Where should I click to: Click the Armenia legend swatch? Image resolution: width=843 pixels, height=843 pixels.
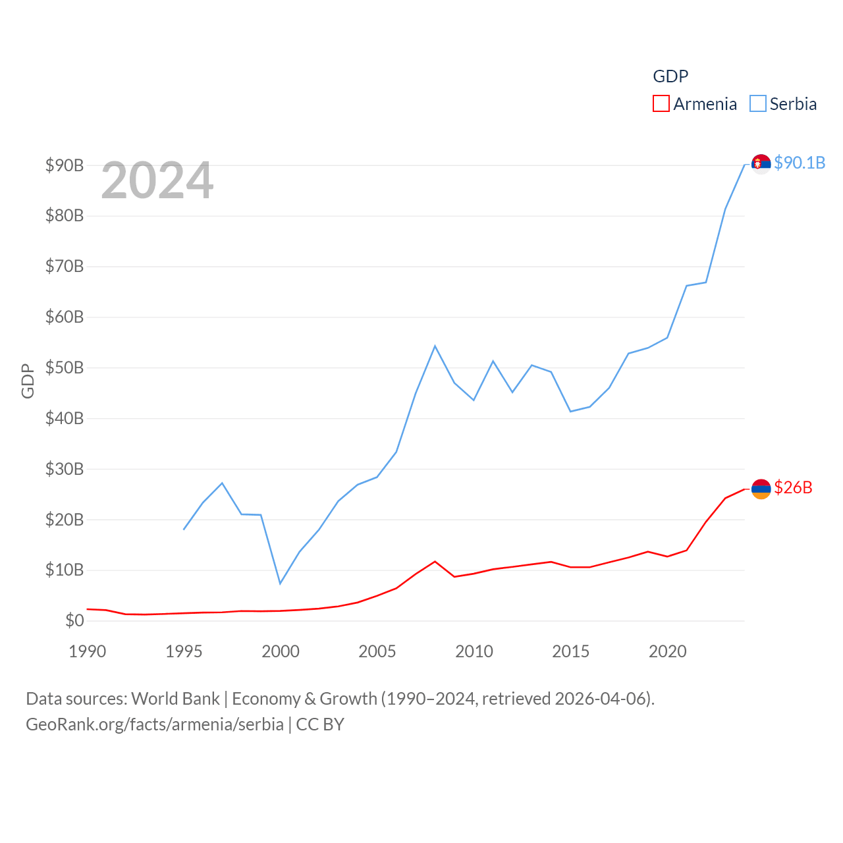tap(661, 104)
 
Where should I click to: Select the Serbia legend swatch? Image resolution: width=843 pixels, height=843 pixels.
tap(758, 104)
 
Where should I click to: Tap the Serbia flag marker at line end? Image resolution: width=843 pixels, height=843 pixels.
tap(761, 163)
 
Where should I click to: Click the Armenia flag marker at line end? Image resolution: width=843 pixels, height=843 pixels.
tap(761, 489)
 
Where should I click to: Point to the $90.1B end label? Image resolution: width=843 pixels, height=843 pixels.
tap(800, 163)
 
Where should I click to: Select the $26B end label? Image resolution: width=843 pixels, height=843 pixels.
tap(793, 487)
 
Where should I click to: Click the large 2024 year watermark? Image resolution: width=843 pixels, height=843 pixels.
tap(157, 180)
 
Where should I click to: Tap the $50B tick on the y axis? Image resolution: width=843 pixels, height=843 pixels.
tap(65, 367)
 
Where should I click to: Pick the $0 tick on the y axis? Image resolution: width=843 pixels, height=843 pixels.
tap(74, 620)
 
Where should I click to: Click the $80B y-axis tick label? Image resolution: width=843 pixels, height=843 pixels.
tap(65, 215)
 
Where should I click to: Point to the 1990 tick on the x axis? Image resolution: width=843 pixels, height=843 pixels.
tap(87, 651)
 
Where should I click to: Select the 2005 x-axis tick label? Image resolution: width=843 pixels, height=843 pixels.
tap(377, 651)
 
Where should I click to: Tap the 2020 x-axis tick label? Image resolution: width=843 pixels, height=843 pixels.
tap(668, 651)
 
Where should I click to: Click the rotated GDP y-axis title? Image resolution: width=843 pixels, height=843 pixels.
tap(28, 381)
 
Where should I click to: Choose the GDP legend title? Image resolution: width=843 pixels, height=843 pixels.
tap(670, 76)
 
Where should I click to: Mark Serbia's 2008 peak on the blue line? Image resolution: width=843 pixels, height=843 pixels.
tap(435, 346)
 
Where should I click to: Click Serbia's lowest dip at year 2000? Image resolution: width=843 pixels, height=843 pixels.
tap(280, 583)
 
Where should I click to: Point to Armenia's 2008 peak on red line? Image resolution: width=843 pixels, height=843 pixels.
tap(435, 562)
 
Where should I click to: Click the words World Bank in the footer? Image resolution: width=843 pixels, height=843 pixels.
tap(175, 698)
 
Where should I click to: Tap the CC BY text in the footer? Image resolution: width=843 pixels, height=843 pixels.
tap(320, 724)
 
